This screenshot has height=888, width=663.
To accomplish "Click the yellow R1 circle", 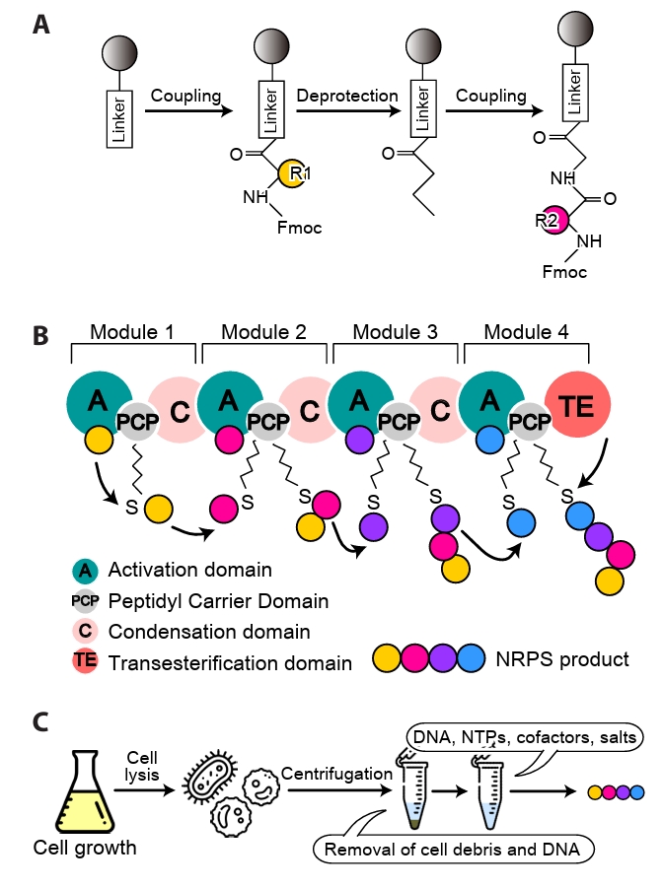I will tap(292, 173).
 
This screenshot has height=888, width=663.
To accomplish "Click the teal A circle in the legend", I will tap(84, 571).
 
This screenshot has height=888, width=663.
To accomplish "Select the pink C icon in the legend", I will tap(84, 632).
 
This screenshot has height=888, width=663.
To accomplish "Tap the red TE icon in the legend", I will tap(84, 662).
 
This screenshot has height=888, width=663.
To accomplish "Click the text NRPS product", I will tap(571, 658).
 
